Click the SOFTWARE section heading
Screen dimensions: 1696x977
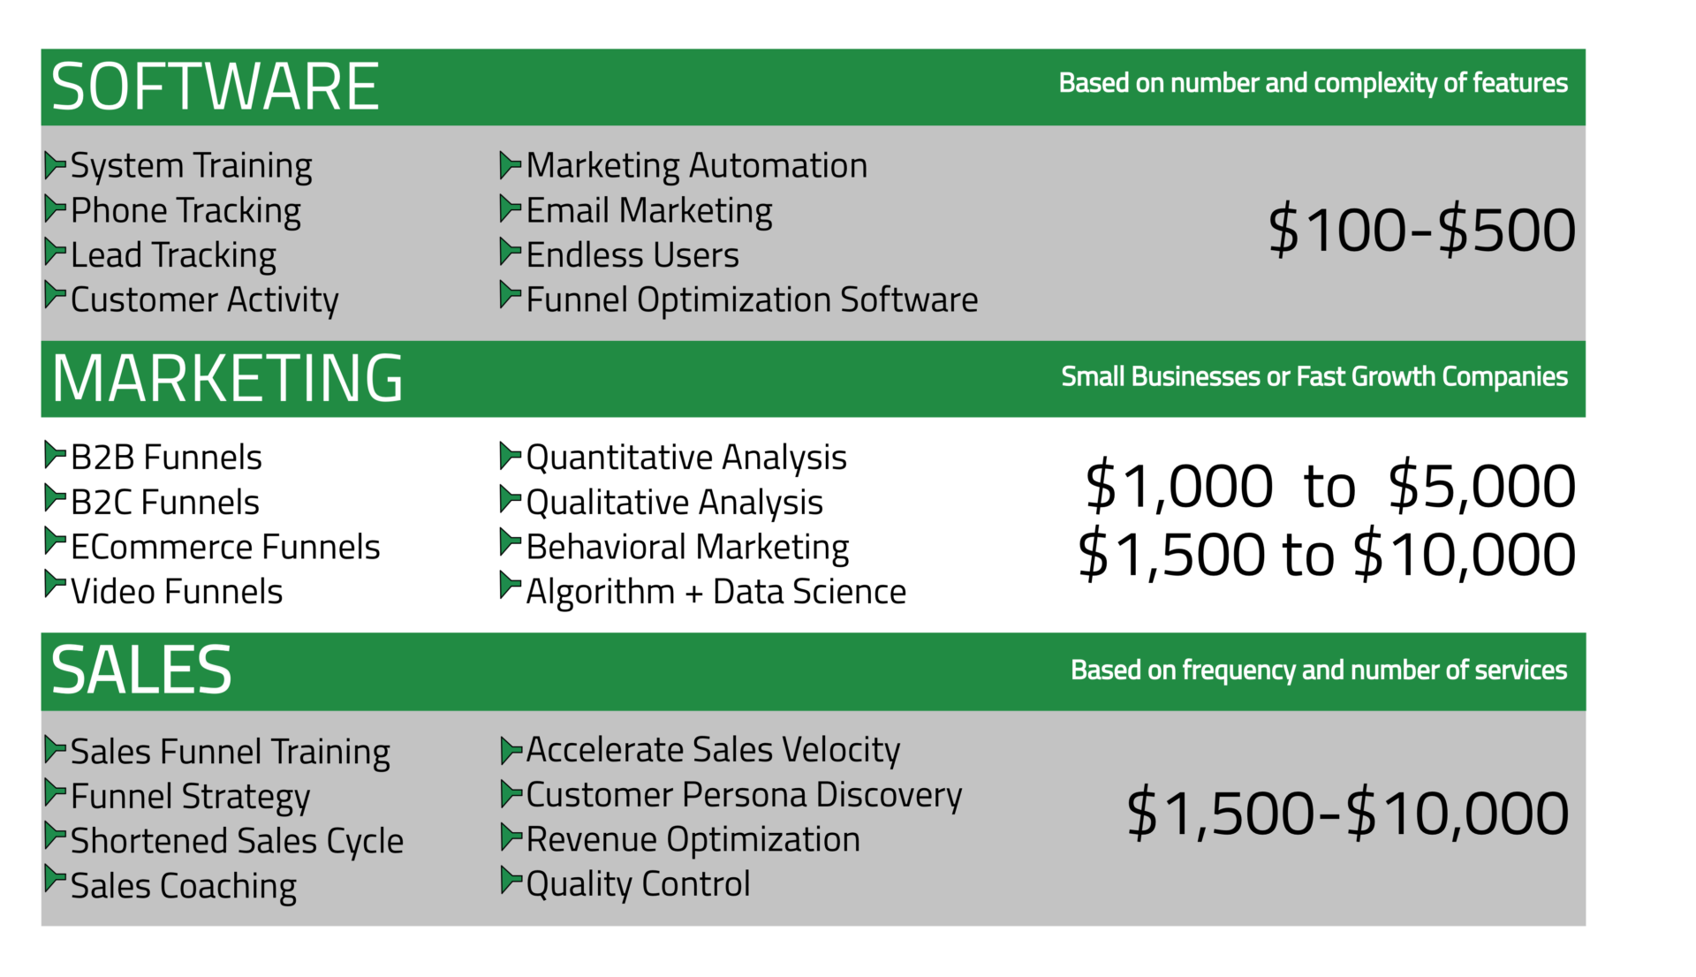tap(216, 87)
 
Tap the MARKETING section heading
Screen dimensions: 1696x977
tap(227, 378)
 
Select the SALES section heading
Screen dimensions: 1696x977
tap(141, 670)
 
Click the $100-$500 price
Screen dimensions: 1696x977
tap(1421, 230)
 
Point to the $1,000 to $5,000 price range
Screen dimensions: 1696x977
tap(1330, 486)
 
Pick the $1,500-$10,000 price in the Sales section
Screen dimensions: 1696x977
tap(1348, 813)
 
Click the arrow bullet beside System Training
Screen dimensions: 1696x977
tap(56, 164)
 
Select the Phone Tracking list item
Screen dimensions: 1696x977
tap(185, 211)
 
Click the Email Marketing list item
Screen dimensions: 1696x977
tap(649, 211)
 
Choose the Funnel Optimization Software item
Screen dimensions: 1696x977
tap(752, 300)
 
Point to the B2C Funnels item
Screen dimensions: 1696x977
tap(165, 503)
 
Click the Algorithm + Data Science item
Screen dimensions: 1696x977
tap(716, 592)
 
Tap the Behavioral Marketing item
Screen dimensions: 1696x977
tap(687, 548)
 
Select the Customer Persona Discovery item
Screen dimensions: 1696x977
tap(744, 795)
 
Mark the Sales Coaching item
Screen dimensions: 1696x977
tap(184, 886)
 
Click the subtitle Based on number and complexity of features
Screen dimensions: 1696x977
tap(1314, 83)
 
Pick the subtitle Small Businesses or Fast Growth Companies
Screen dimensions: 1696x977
tap(1314, 377)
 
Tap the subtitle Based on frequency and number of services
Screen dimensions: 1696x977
tap(1319, 670)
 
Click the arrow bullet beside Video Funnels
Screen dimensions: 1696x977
tap(56, 585)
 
